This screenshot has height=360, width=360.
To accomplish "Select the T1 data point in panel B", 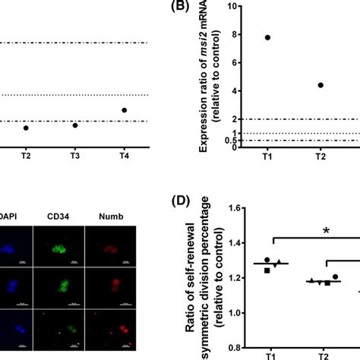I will tap(267, 37).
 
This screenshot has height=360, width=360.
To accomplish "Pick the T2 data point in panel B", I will tap(321, 85).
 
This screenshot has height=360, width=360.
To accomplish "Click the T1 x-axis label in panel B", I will tap(267, 158).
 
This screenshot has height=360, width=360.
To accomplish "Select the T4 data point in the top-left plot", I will tap(125, 110).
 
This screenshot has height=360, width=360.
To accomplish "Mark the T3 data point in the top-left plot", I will tap(75, 125).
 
